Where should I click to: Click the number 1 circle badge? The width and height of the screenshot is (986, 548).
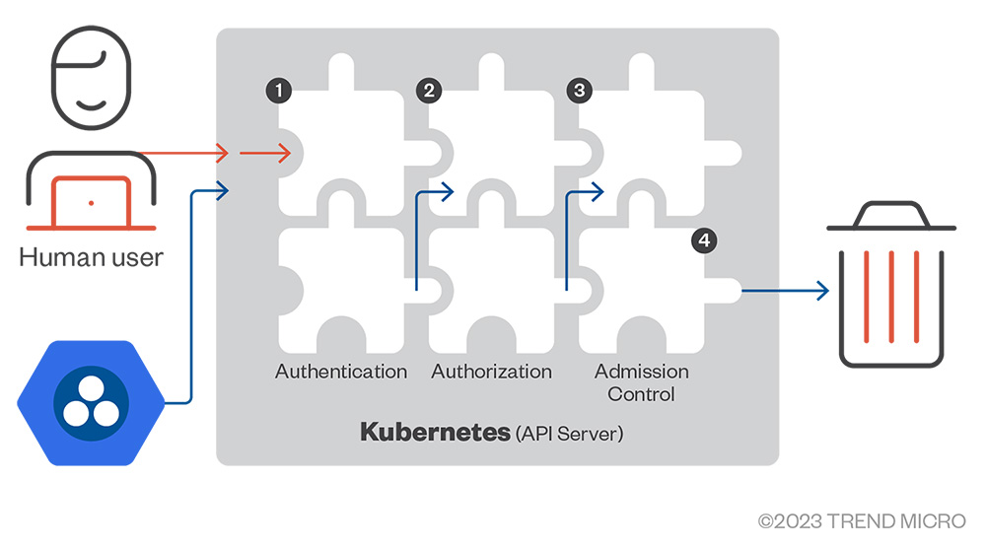click(x=280, y=91)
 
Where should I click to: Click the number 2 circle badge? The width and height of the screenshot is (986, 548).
click(x=429, y=91)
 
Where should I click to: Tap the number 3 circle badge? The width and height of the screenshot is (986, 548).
click(x=579, y=91)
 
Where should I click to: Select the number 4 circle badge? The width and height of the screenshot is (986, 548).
click(x=702, y=240)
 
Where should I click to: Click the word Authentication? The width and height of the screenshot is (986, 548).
click(x=341, y=372)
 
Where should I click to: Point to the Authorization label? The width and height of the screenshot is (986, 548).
click(x=491, y=372)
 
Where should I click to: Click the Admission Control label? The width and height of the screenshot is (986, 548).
click(x=641, y=382)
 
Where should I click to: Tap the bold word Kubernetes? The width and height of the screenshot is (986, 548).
click(x=435, y=432)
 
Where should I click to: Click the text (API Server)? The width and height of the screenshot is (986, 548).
click(x=570, y=433)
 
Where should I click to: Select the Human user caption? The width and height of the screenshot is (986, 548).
click(x=91, y=259)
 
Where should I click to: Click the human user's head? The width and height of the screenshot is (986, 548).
click(x=90, y=75)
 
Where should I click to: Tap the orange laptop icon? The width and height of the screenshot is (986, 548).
click(x=91, y=203)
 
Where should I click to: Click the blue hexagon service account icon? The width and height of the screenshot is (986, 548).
click(x=90, y=403)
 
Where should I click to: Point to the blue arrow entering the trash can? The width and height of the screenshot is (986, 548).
click(x=785, y=291)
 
